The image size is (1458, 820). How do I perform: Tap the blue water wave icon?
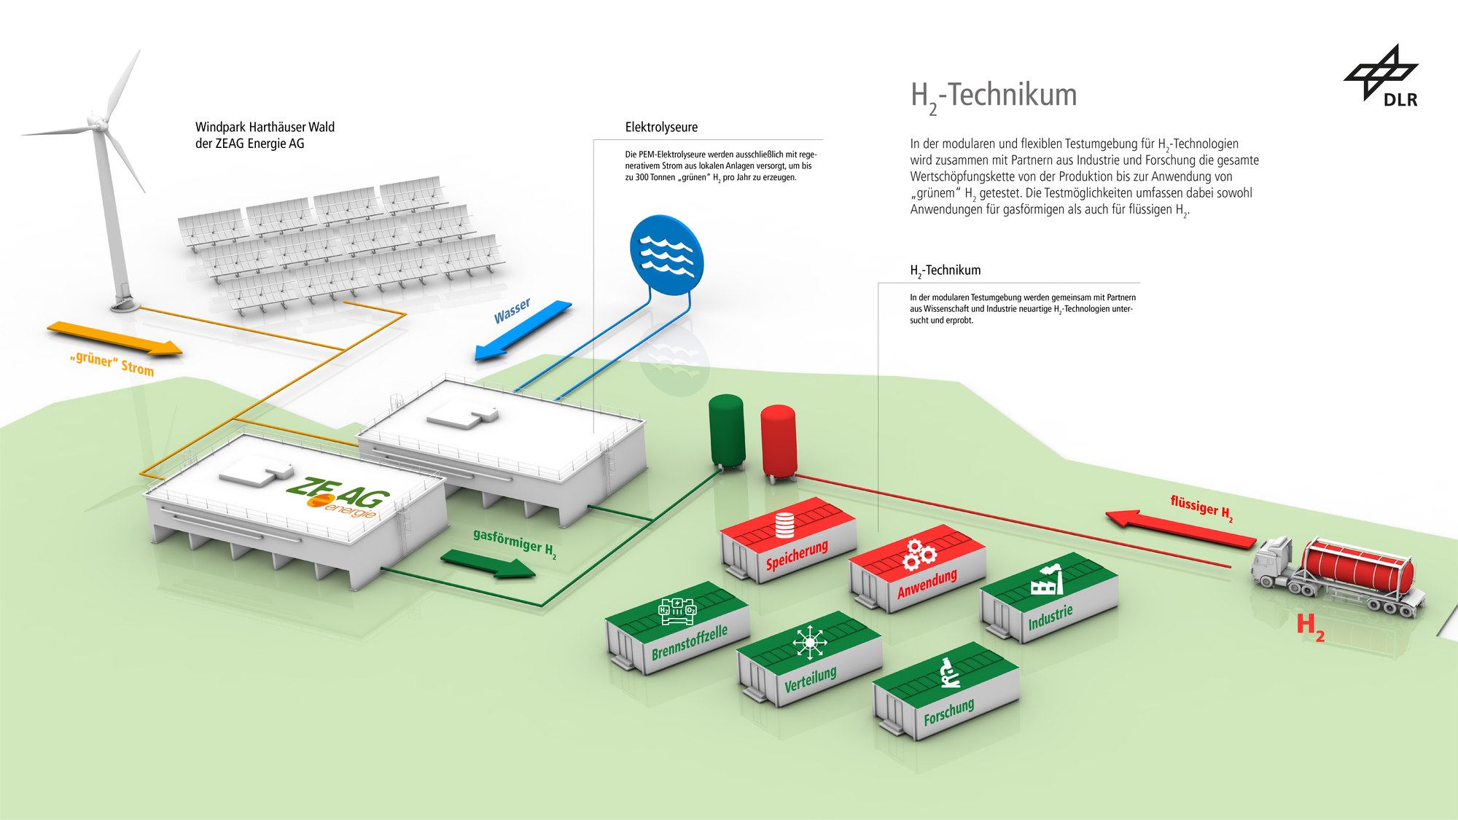pos(666,254)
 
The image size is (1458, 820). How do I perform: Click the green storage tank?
pos(727,430)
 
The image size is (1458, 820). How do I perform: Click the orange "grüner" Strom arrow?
pos(115,338)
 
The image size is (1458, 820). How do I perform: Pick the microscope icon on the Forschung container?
pos(948,673)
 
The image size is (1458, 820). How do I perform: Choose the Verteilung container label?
pos(810,679)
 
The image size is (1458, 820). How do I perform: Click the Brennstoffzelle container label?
pos(689,642)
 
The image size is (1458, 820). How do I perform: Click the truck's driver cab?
pos(1274,560)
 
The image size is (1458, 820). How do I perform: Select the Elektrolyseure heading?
pos(661,127)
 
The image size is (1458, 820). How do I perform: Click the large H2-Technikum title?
pos(994,95)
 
